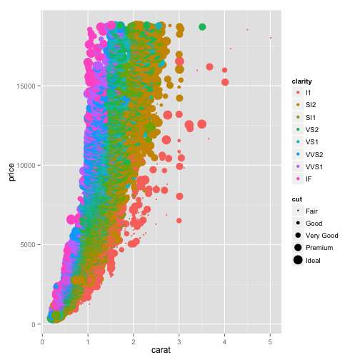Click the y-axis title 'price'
[11, 171]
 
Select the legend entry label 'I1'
[308, 93]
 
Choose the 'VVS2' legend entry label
[314, 154]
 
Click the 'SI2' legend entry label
[311, 105]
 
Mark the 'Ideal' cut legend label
[313, 260]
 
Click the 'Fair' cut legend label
[311, 211]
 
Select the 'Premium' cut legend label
[319, 248]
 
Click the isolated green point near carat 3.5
[202, 27]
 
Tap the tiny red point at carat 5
[270, 38]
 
